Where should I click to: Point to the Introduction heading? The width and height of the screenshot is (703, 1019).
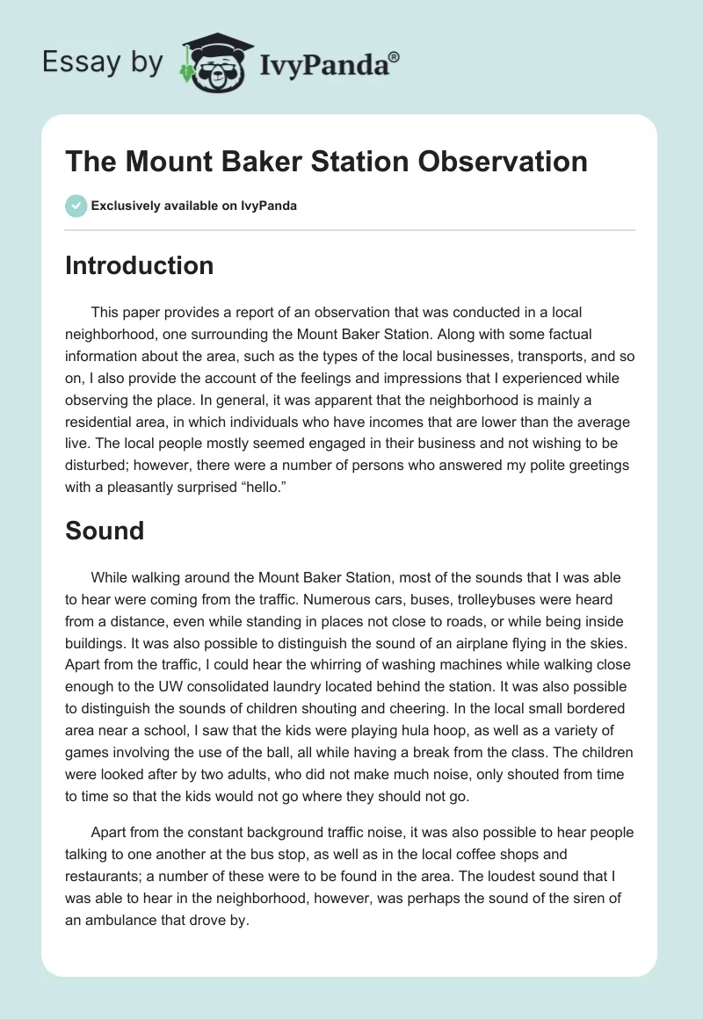(139, 265)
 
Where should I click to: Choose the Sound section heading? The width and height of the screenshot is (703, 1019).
(104, 530)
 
